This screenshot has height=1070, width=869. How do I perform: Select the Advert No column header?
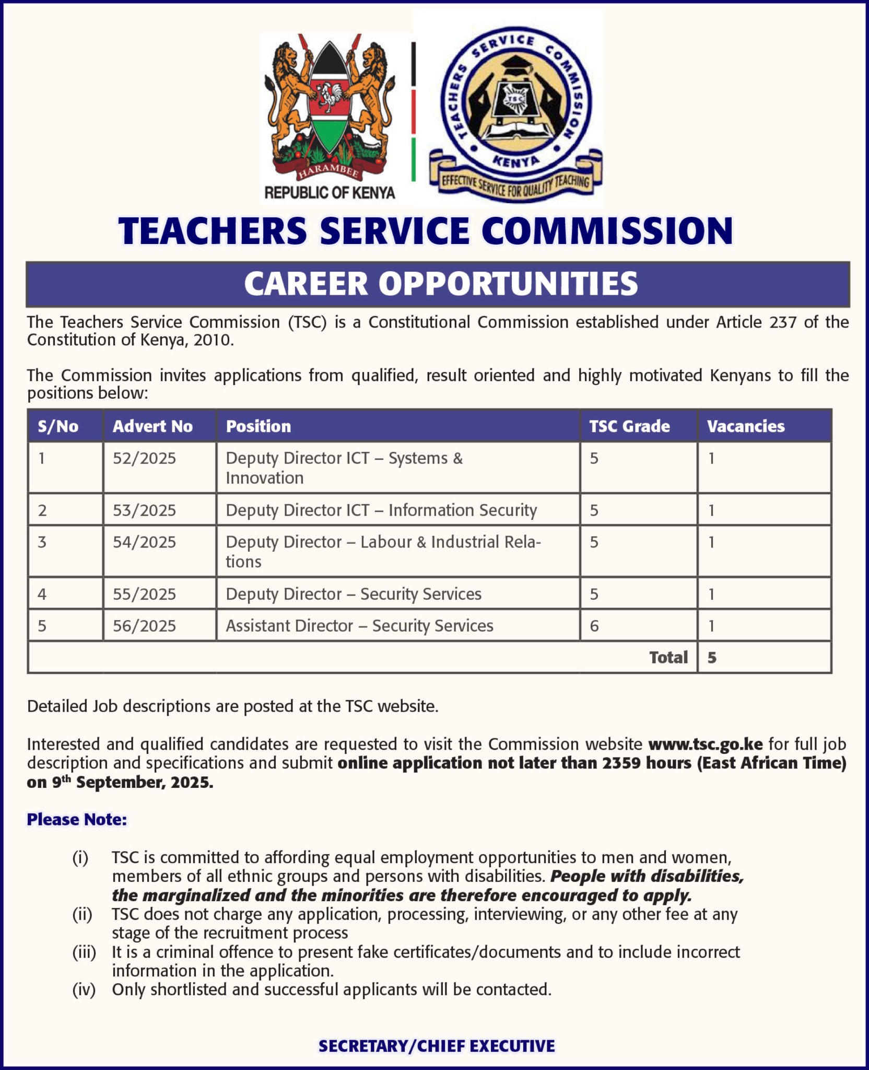pos(152,426)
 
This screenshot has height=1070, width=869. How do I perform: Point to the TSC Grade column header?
pos(629,426)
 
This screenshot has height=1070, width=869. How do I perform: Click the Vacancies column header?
pos(745,426)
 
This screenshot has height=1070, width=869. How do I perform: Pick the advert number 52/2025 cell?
pos(144,458)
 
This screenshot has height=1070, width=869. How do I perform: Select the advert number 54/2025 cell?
pos(144,542)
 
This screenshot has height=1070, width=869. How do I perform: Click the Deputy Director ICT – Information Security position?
pos(381,510)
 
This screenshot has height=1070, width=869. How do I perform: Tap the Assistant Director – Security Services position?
pos(359,625)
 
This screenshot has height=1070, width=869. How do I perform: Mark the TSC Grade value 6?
pos(594,625)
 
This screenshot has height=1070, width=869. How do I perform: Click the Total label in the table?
pos(668,657)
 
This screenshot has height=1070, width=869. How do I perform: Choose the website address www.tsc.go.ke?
pos(705,744)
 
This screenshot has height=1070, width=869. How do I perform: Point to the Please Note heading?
pos(77,819)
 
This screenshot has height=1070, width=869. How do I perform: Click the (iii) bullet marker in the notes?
pos(84,952)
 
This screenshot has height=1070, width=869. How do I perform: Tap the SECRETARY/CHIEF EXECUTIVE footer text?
pos(437,1046)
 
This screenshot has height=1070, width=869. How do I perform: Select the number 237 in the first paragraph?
pos(782,322)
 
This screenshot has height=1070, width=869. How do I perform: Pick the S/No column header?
pos(58,426)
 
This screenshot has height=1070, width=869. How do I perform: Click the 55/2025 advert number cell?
pos(144,594)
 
